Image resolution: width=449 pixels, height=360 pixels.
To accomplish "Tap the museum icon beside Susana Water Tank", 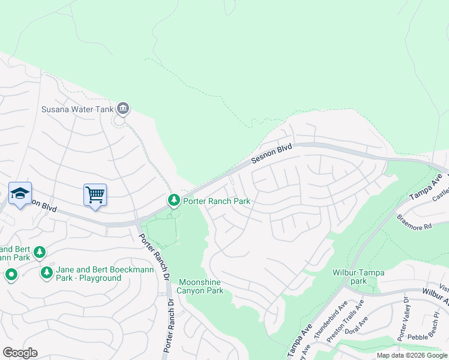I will [x=123, y=109].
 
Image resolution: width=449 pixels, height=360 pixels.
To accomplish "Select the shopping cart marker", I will [x=95, y=195].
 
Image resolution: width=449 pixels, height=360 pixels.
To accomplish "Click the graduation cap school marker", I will [x=20, y=194].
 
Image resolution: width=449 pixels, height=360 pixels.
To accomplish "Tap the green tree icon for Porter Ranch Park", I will [x=173, y=199].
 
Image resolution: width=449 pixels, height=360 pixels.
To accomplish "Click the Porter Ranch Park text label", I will [x=216, y=201].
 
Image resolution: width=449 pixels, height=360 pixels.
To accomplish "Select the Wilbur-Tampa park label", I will [x=358, y=277].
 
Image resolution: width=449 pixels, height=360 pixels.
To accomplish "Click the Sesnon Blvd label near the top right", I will [x=271, y=154].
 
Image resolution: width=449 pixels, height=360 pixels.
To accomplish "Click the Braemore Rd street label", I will [x=414, y=222].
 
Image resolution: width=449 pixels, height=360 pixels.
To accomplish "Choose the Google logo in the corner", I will [x=20, y=353].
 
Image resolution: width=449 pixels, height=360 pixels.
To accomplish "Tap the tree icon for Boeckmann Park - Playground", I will [x=46, y=273].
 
